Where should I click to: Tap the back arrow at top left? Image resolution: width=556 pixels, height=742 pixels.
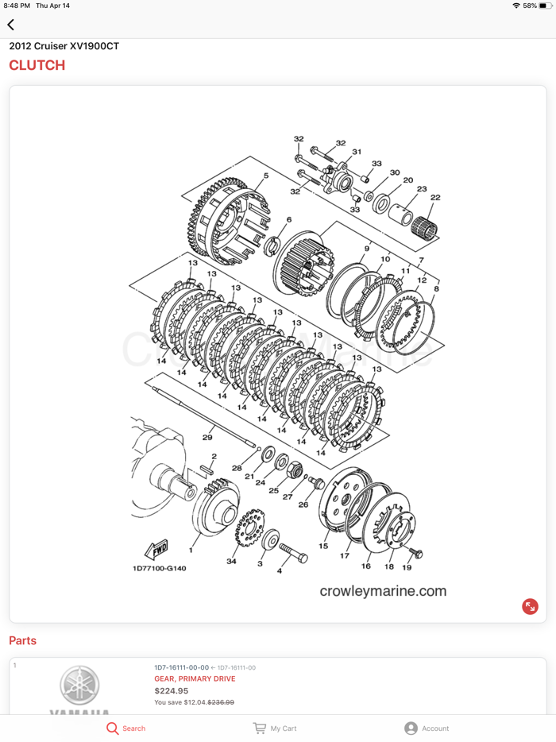tap(11, 25)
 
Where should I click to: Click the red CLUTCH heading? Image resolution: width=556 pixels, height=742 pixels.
tap(37, 65)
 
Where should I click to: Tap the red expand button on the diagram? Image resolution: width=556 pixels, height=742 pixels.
tap(530, 606)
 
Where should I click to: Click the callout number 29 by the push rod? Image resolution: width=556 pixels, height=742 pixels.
tap(207, 438)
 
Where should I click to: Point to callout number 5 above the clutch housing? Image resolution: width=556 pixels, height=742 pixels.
tap(265, 176)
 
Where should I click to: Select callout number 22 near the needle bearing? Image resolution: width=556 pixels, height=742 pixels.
tap(434, 198)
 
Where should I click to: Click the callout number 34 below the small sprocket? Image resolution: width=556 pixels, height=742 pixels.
tap(231, 562)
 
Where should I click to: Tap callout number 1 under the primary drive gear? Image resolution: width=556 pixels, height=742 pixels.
tap(191, 549)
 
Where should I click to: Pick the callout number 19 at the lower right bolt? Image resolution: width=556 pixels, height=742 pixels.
tap(407, 567)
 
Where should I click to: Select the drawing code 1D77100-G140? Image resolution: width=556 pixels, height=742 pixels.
tap(159, 568)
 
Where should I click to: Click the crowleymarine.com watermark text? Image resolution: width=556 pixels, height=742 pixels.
tap(383, 591)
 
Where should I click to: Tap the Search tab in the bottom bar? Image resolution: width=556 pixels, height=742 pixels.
tap(126, 728)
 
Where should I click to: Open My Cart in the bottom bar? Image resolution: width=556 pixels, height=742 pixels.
tap(275, 728)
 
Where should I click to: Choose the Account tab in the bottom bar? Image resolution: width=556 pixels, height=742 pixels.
tap(427, 728)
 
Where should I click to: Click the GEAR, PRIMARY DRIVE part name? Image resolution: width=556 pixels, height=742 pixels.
tap(195, 678)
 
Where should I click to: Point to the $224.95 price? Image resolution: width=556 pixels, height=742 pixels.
tap(172, 690)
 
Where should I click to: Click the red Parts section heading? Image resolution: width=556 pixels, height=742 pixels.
tap(22, 640)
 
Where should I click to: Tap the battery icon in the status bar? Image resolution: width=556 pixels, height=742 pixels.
tap(545, 6)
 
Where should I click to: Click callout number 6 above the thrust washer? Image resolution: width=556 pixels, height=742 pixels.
tap(288, 220)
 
